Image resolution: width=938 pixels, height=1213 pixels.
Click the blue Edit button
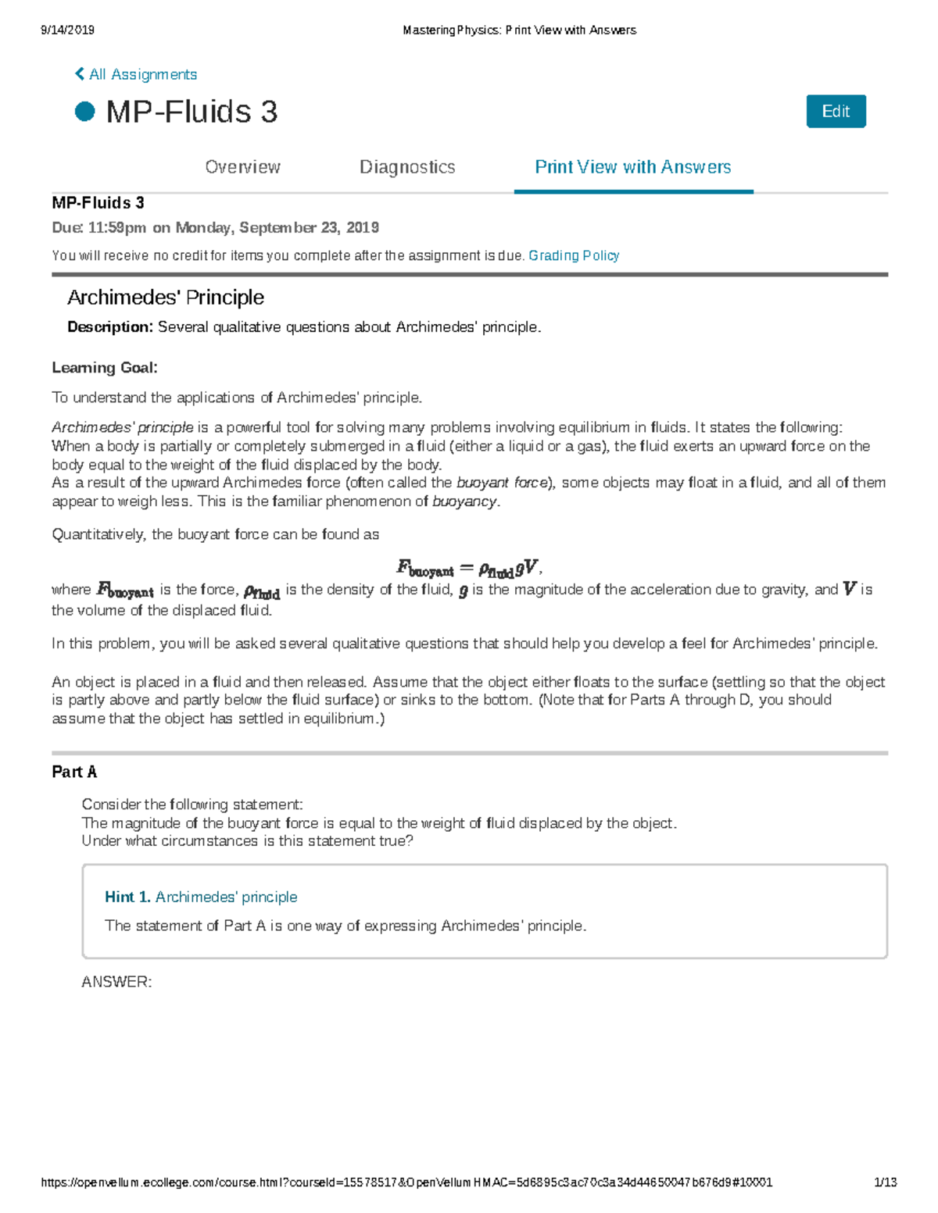coord(836,112)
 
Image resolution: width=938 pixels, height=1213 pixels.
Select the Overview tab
coord(242,167)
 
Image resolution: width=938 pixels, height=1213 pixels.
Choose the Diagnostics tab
coord(407,167)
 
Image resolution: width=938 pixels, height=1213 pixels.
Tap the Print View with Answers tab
coord(632,167)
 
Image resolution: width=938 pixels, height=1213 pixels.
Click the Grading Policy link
coord(574,255)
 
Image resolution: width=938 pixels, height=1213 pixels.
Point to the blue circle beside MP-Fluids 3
coord(84,112)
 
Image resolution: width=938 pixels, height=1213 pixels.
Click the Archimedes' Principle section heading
coord(166,298)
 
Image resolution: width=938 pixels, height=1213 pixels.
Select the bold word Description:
coord(110,327)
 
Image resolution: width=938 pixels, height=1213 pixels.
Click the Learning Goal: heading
coord(105,368)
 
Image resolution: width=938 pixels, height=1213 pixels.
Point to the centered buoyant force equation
coord(469,568)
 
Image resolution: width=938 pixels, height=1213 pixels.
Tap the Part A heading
coord(74,772)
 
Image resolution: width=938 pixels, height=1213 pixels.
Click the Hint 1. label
coord(127,897)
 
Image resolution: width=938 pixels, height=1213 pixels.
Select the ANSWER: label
coord(116,982)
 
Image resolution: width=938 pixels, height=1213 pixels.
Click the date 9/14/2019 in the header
coord(67,30)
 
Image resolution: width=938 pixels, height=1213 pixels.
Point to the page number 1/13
coord(885,1183)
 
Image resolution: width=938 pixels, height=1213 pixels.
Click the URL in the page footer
coord(406,1183)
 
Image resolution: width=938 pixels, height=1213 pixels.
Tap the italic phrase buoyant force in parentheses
coord(502,483)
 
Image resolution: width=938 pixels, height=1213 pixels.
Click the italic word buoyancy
coord(464,501)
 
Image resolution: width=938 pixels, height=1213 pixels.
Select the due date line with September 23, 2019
coord(216,227)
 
